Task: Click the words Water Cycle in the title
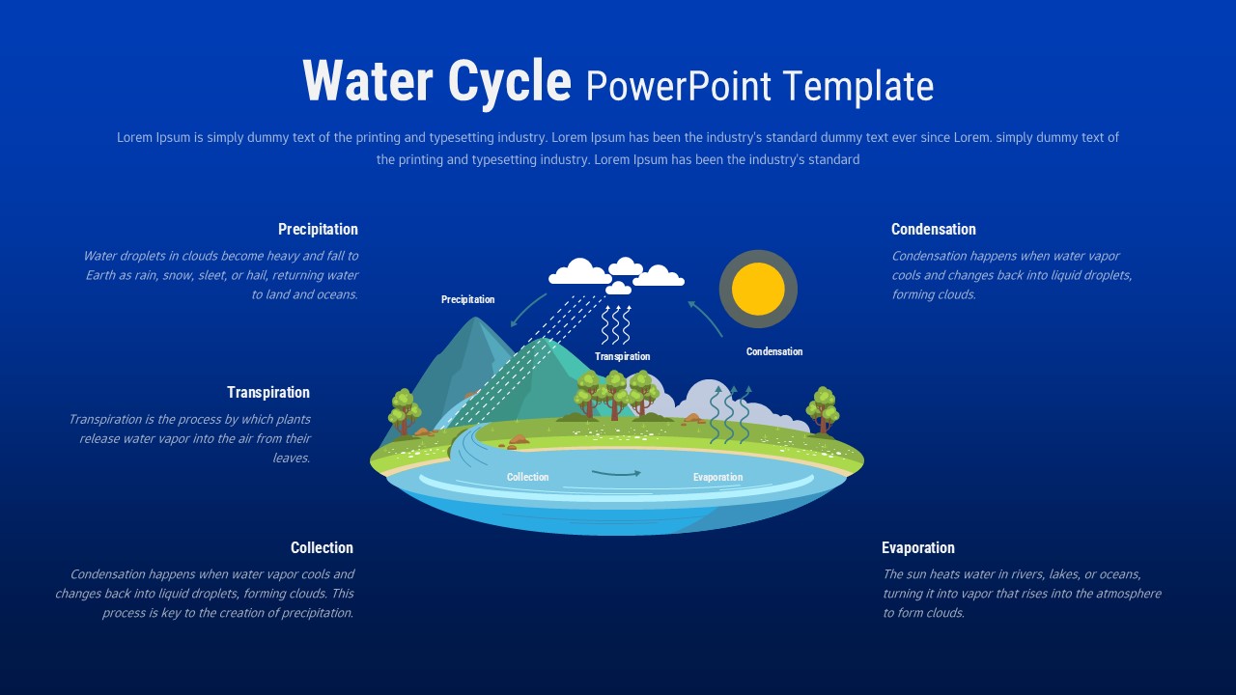[x=436, y=82]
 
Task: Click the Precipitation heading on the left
[x=318, y=230]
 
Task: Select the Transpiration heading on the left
[x=268, y=393]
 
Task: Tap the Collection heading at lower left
[x=322, y=548]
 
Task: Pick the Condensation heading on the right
[x=933, y=230]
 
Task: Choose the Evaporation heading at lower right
[x=917, y=548]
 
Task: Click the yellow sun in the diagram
[x=758, y=289]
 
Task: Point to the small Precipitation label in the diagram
[x=467, y=300]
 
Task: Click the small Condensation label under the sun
[x=773, y=352]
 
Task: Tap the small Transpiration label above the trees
[x=622, y=357]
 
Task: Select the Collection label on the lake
[x=527, y=478]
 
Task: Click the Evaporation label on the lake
[x=717, y=478]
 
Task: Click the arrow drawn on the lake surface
[x=616, y=473]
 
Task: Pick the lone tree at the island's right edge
[x=823, y=409]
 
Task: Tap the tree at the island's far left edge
[x=404, y=411]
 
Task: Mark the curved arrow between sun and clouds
[x=705, y=318]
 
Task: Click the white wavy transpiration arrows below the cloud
[x=616, y=325]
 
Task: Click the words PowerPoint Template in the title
[x=759, y=87]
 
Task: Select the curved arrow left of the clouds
[x=527, y=310]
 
